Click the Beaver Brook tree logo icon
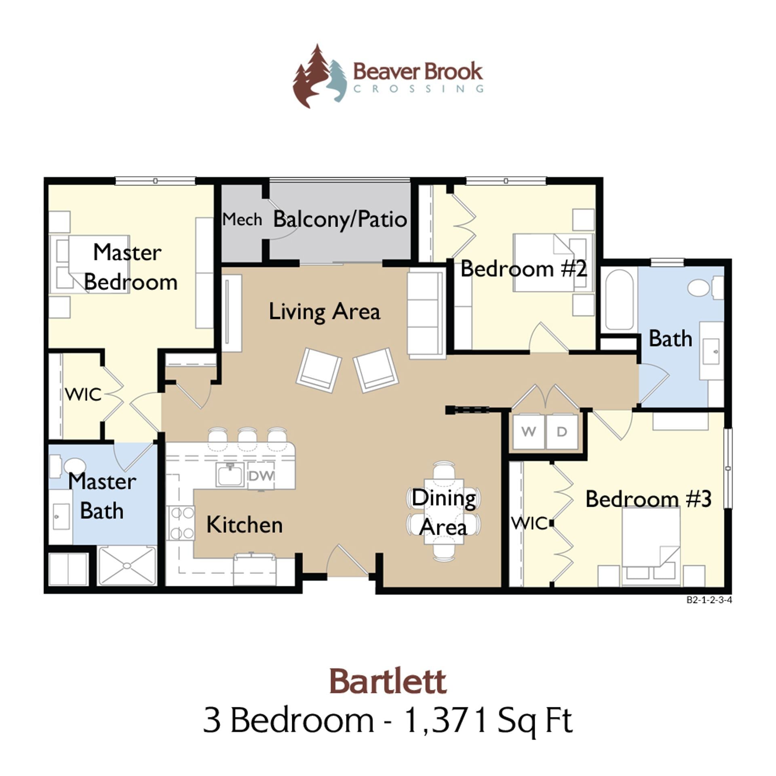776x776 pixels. coord(319,77)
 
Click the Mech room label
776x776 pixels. coord(242,219)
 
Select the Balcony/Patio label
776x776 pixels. coord(340,219)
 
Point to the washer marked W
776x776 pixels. coord(528,431)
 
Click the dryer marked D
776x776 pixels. coord(562,431)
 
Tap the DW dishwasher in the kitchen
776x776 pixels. coord(261,476)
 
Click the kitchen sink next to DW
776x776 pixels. coord(230,474)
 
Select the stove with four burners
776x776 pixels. coord(181,523)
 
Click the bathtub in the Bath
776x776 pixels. coord(619,299)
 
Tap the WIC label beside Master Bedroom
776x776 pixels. coord(83,394)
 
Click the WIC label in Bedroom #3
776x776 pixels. coord(529,523)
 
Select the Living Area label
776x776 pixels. coord(325,312)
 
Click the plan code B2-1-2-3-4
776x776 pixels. coord(709,600)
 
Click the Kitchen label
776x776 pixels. coord(244,525)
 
